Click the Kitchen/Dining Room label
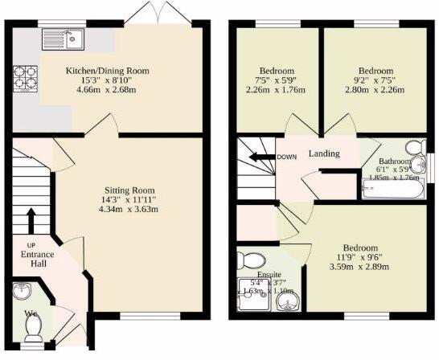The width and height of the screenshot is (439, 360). click(107, 71)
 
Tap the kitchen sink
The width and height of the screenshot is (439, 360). click(65, 36)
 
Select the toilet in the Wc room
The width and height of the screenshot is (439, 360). click(34, 326)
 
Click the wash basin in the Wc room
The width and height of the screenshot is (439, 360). click(21, 291)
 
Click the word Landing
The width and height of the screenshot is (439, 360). click(323, 154)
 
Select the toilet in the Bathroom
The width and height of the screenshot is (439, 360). click(414, 149)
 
